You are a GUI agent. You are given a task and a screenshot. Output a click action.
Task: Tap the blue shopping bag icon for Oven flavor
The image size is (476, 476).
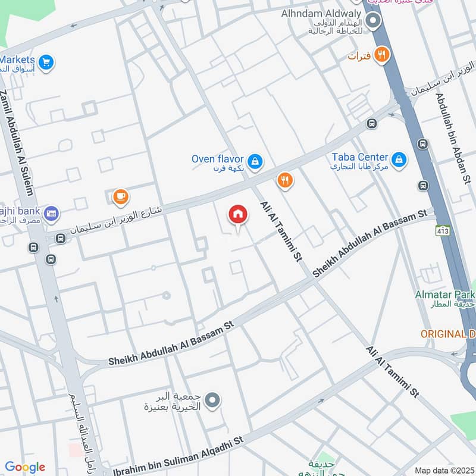point(255,161)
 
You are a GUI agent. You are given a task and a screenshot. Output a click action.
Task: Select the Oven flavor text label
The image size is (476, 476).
point(218,159)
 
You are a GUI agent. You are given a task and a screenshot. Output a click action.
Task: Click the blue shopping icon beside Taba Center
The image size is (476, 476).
point(399,159)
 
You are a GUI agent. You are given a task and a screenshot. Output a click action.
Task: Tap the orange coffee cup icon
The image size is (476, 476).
point(121,196)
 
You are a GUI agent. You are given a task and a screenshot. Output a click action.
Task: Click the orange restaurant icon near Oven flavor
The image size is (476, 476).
point(286,180)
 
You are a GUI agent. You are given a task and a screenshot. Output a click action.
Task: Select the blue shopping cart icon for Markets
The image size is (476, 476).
point(46,61)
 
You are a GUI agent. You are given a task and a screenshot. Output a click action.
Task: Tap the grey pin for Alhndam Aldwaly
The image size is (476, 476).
point(373,22)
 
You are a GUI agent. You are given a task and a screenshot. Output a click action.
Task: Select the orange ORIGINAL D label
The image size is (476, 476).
point(447,334)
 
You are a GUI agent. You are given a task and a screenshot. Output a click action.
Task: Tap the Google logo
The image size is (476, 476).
point(25,467)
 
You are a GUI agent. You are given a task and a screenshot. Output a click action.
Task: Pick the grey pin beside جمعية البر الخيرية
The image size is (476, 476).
point(213,400)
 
